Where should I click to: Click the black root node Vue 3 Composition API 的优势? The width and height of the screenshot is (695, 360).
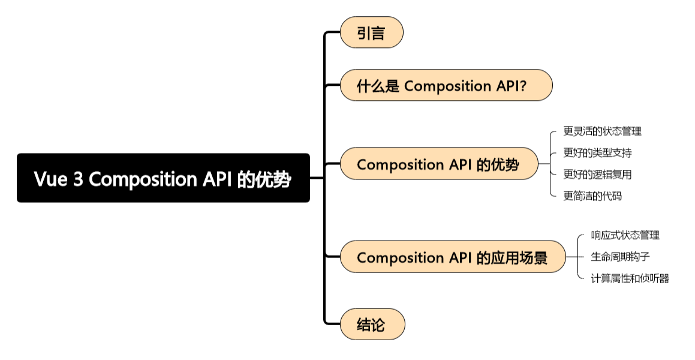163,178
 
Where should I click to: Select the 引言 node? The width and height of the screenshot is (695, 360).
371,32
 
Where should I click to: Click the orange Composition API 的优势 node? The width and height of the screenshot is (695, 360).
438,164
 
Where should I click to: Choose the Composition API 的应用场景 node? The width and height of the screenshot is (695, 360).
452,257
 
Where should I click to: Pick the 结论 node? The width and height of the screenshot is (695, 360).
372,325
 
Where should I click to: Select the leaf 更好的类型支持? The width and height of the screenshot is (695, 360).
597,152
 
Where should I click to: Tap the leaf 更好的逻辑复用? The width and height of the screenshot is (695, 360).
597,174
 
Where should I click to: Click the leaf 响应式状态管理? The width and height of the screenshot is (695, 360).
625,235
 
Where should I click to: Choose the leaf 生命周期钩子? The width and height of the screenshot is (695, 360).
621,257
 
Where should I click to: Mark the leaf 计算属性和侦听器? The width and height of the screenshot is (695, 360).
630,278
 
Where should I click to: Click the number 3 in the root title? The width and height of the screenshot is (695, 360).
78,179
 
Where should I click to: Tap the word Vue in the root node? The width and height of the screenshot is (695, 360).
50,179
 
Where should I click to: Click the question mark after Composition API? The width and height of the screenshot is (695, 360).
523,86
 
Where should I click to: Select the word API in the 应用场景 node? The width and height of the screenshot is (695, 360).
461,258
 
